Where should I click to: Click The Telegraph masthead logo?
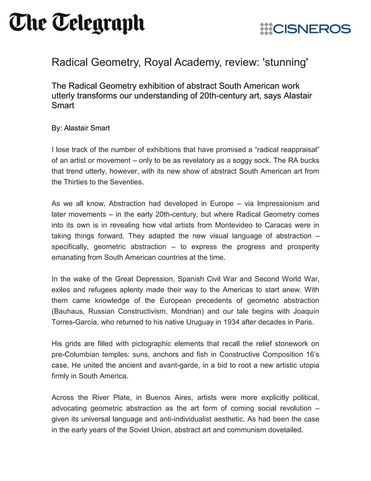pyautogui.click(x=76, y=24)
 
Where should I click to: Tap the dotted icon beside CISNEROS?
pyautogui.click(x=266, y=29)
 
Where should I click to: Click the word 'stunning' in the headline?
pyautogui.click(x=281, y=62)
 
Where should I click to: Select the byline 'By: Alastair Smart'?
pyautogui.click(x=81, y=128)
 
